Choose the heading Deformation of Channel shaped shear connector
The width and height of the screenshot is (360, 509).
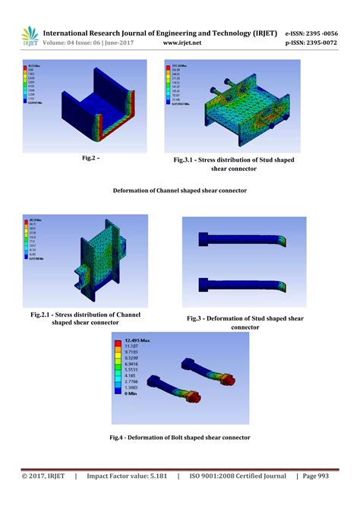179,190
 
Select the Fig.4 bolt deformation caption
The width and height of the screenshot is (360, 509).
179,437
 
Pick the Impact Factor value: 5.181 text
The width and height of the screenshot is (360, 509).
126,476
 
